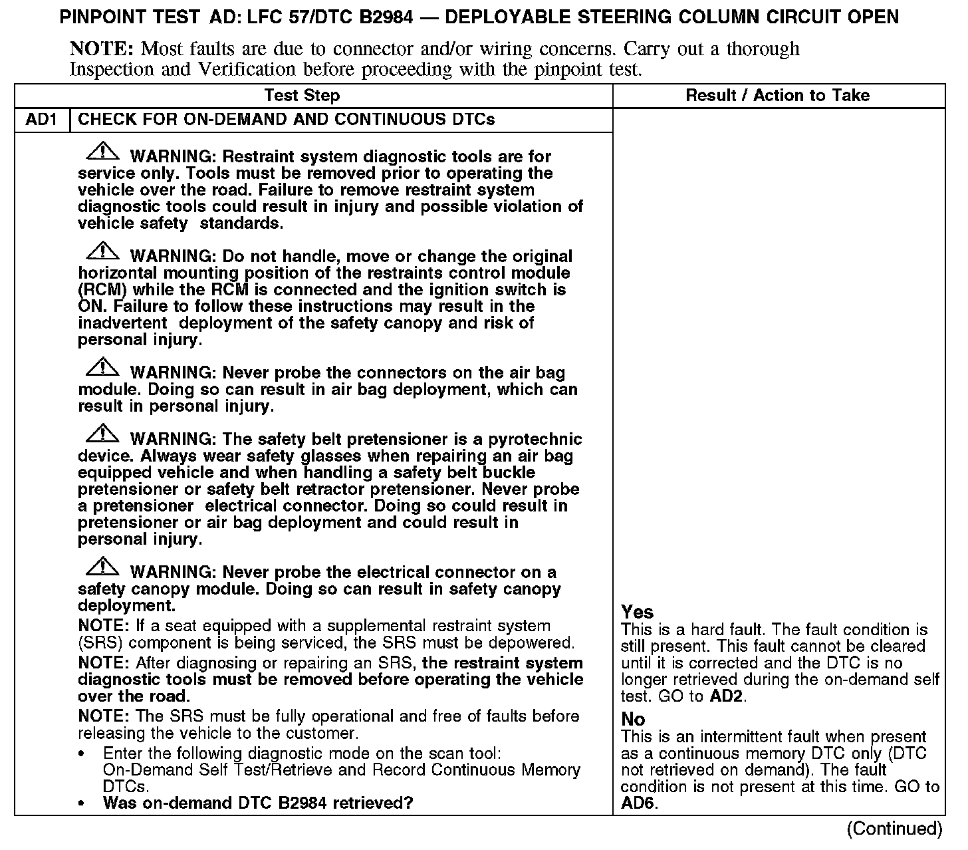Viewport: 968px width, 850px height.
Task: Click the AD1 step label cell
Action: [x=41, y=120]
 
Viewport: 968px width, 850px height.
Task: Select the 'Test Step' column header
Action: [x=302, y=96]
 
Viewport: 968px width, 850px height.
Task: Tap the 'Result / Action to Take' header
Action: [x=777, y=96]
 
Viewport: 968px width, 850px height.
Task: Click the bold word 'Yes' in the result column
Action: [x=637, y=612]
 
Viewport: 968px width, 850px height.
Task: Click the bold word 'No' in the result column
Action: [x=633, y=719]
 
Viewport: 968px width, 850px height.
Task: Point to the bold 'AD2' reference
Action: [x=727, y=696]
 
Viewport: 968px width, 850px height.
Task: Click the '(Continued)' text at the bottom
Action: [x=894, y=829]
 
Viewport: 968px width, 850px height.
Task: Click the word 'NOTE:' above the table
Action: [x=102, y=49]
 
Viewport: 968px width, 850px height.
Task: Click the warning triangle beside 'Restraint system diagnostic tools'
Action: [x=102, y=152]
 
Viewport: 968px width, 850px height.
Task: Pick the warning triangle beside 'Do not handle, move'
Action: [x=102, y=252]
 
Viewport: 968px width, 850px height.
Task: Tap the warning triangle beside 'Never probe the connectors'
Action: [x=102, y=368]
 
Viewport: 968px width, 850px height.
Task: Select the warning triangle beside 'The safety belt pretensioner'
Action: [x=102, y=435]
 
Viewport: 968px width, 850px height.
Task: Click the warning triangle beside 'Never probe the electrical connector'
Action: [x=102, y=568]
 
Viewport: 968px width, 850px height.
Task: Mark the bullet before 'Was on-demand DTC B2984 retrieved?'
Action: [x=82, y=804]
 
